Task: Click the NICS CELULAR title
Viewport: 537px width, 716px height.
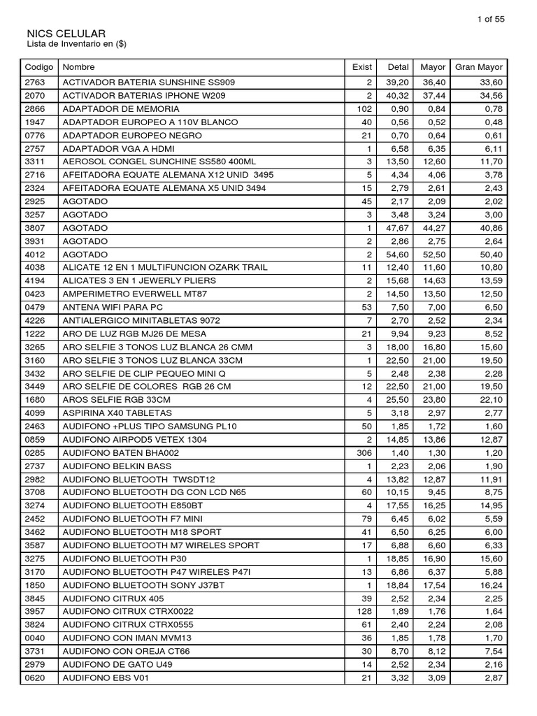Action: (x=66, y=34)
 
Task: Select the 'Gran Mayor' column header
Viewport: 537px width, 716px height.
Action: (x=478, y=67)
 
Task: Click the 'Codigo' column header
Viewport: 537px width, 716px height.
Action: (x=39, y=67)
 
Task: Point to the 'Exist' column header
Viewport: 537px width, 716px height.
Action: (x=362, y=67)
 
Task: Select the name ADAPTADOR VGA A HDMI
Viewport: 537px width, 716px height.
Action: (x=119, y=149)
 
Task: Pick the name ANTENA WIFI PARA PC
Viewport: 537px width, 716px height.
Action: (x=113, y=308)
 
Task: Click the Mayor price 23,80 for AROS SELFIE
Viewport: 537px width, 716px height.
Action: (x=434, y=400)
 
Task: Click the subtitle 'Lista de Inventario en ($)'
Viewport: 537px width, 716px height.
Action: (x=76, y=45)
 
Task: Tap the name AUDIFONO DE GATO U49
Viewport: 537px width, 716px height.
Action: (x=117, y=665)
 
